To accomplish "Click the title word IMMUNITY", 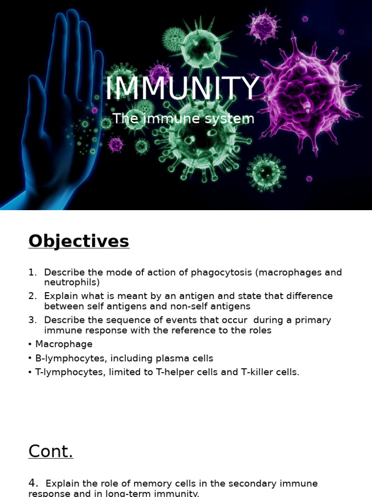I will point(183,89).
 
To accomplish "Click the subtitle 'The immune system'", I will point(183,118).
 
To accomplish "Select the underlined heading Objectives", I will point(78,241).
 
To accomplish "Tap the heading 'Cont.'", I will point(50,451).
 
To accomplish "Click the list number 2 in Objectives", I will point(32,296).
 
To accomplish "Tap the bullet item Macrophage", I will point(63,344).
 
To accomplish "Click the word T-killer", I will point(259,372).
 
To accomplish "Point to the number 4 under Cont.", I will point(33,483).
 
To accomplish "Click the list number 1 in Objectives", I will point(31,272).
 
